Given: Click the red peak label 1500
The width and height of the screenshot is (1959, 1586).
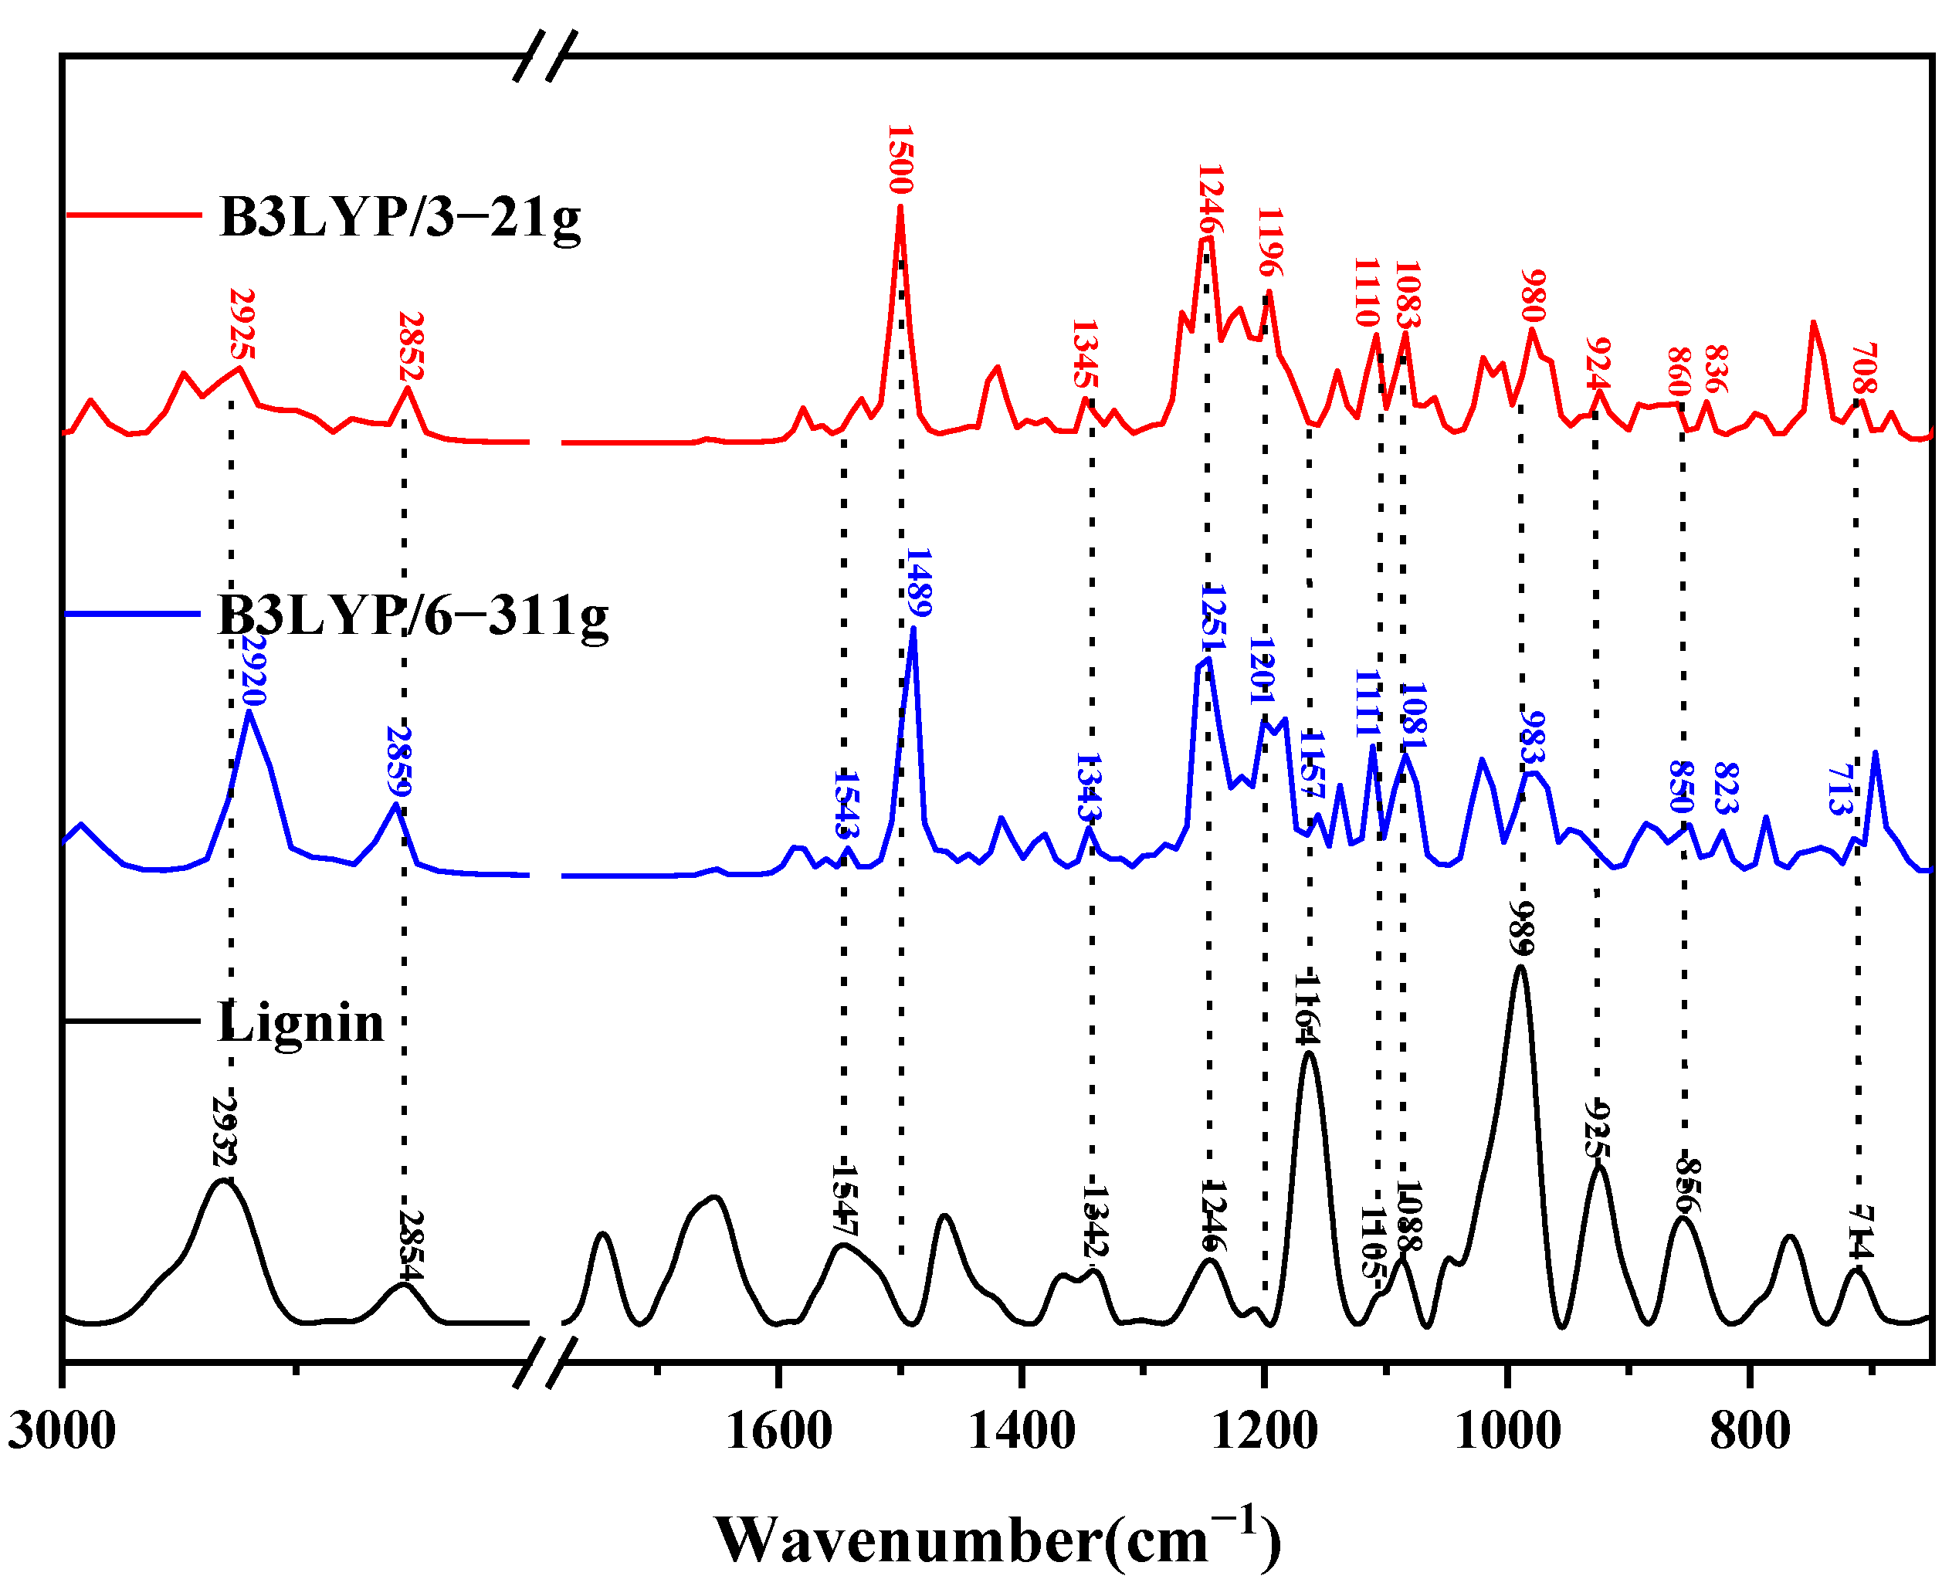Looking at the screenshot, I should [x=900, y=160].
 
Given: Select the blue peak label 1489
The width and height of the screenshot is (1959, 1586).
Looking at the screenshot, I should [x=918, y=583].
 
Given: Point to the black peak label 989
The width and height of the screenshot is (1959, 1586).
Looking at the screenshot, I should [x=1522, y=927].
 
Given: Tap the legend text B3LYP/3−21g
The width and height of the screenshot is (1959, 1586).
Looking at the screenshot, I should [x=399, y=219].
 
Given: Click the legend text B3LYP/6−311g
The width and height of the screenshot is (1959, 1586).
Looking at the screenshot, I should [x=412, y=615].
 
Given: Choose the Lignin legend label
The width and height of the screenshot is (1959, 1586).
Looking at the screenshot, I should [x=300, y=1022].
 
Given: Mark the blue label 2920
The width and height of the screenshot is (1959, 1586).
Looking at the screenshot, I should [x=253, y=672].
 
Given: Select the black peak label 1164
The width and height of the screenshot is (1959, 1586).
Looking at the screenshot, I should [x=1307, y=1008].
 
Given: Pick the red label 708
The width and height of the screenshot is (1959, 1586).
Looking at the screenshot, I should [x=1864, y=368].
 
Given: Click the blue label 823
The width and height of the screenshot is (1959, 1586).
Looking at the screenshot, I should [x=1724, y=788].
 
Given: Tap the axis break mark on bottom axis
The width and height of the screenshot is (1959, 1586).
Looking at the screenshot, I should [x=545, y=1361].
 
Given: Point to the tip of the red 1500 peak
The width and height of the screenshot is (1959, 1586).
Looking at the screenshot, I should [x=900, y=208].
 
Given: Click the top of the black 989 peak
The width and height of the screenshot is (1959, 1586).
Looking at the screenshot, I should [x=1520, y=967].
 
